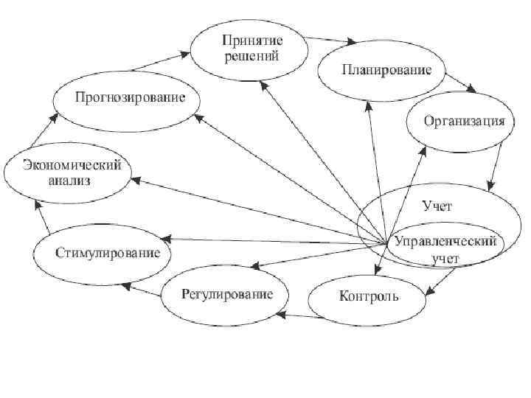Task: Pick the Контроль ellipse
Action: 368,296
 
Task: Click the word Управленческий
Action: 445,242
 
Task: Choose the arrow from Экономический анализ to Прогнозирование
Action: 42,130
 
